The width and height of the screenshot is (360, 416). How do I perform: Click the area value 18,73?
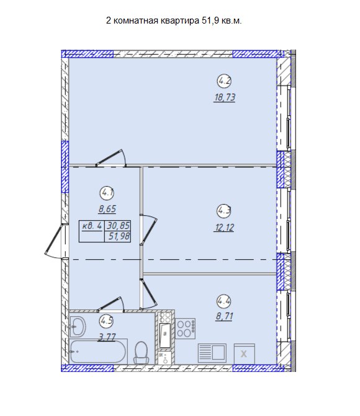pyautogui.click(x=225, y=97)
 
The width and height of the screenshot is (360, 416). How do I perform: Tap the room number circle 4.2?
pyautogui.click(x=225, y=81)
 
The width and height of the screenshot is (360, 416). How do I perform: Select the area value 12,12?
pyautogui.click(x=224, y=228)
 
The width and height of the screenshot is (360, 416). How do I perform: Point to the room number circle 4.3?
pyautogui.click(x=224, y=211)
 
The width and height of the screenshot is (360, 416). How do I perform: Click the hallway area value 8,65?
pyautogui.click(x=107, y=209)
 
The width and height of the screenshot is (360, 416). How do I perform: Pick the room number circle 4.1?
pyautogui.click(x=107, y=193)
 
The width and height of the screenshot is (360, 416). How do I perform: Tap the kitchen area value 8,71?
pyautogui.click(x=225, y=316)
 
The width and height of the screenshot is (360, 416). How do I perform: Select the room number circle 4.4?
pyautogui.click(x=224, y=301)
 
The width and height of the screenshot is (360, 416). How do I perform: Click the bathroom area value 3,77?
pyautogui.click(x=107, y=337)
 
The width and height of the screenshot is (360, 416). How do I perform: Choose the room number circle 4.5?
pyautogui.click(x=107, y=321)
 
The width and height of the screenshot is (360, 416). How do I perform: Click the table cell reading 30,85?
pyautogui.click(x=118, y=226)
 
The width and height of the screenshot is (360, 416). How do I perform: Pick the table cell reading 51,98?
pyautogui.click(x=118, y=236)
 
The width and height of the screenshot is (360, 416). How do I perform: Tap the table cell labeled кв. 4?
pyautogui.click(x=92, y=226)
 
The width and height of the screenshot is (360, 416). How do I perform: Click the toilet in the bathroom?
pyautogui.click(x=141, y=353)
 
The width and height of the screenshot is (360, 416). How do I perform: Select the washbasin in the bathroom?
pyautogui.click(x=78, y=326)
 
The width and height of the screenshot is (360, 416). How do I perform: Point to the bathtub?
pyautogui.click(x=97, y=352)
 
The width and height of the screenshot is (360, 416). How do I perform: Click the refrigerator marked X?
pyautogui.click(x=244, y=354)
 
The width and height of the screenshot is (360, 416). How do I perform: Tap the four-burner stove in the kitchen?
pyautogui.click(x=186, y=329)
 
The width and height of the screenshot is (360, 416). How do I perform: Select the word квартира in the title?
pyautogui.click(x=179, y=20)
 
